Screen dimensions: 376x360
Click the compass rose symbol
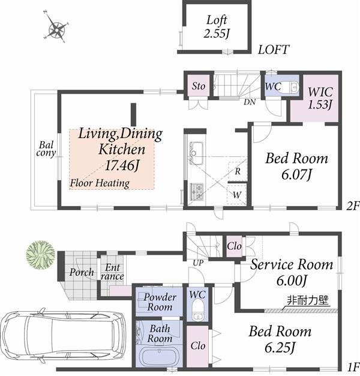point(58,28)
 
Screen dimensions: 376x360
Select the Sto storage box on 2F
point(198,86)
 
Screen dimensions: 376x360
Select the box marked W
point(238,195)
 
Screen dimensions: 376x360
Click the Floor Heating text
point(100,183)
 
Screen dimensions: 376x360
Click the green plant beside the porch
point(40,253)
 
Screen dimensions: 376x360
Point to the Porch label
point(81,272)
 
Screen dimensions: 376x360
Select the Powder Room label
point(159,302)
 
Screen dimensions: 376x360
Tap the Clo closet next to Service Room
point(233,246)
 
